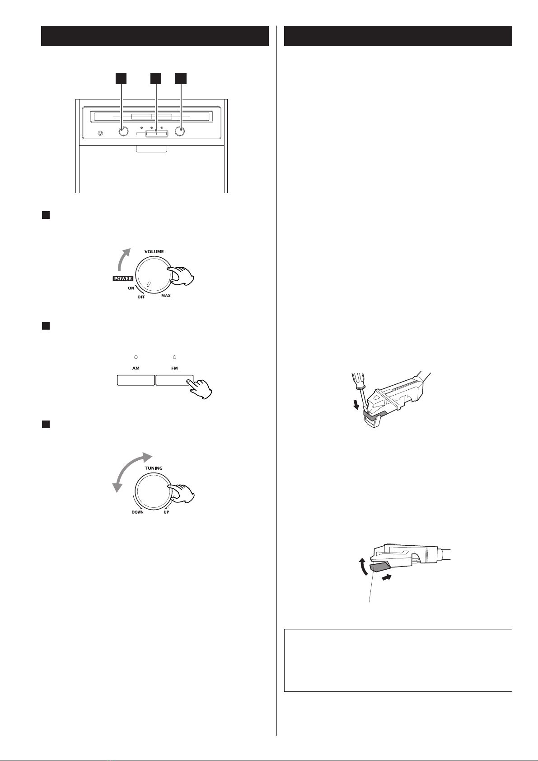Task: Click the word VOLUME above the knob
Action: (x=154, y=252)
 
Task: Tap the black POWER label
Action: (x=123, y=279)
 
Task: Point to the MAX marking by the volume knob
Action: (x=166, y=296)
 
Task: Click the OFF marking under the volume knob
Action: (x=141, y=297)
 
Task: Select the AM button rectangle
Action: (x=136, y=380)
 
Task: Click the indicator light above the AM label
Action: (x=136, y=357)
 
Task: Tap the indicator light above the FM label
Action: (x=174, y=357)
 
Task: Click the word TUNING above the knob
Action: (x=154, y=468)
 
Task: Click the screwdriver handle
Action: (x=358, y=381)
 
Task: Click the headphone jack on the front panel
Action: (x=100, y=133)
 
